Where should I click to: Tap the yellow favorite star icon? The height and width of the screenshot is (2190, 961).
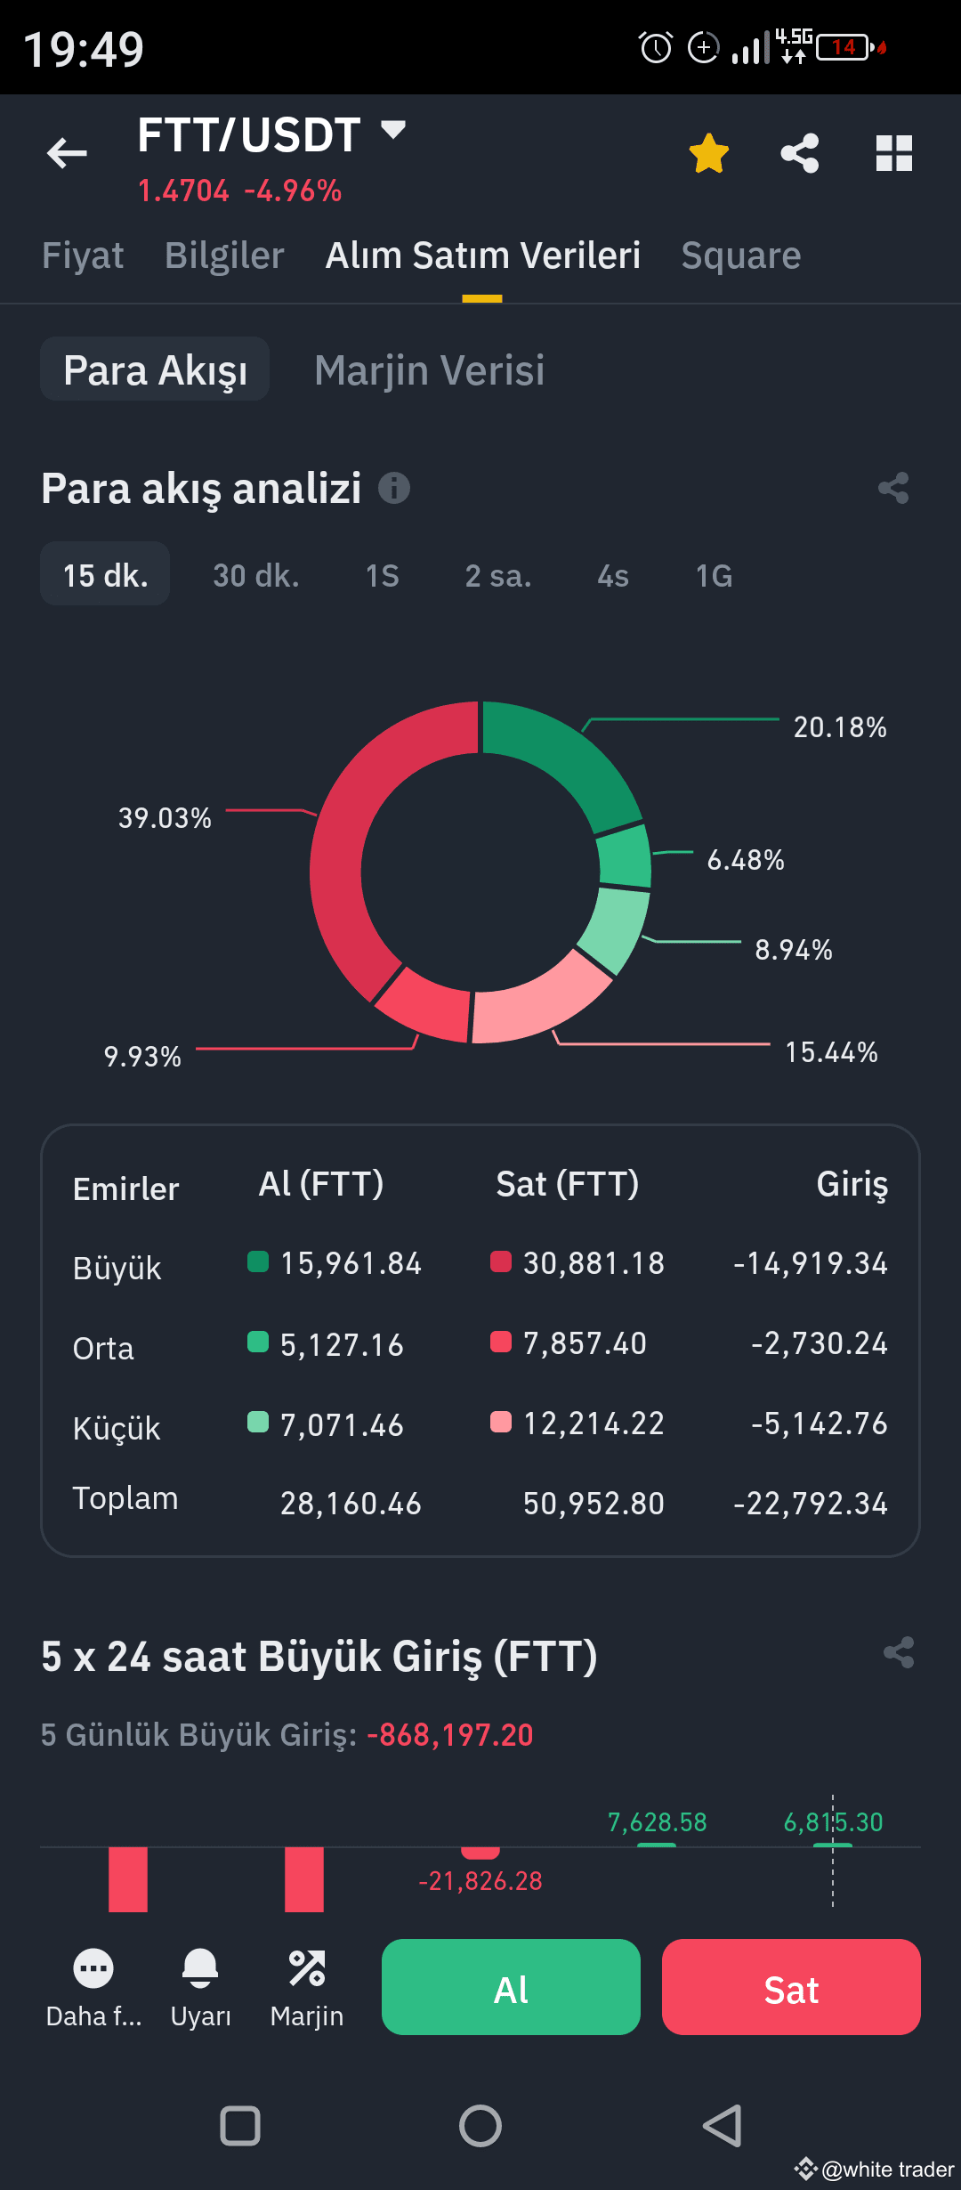[x=709, y=153]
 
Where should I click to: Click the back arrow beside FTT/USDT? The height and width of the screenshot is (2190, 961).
[x=67, y=153]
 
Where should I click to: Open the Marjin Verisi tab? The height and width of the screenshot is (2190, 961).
[x=429, y=370]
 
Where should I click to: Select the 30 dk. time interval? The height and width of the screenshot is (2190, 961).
[x=256, y=576]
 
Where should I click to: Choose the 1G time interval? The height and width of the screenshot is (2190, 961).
[x=714, y=576]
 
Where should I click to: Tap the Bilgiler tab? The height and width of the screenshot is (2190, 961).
[x=224, y=255]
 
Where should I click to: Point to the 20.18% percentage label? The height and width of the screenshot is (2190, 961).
[x=839, y=727]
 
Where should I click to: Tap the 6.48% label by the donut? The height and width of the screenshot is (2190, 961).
[x=745, y=860]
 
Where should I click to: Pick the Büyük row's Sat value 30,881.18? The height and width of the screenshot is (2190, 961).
[x=593, y=1263]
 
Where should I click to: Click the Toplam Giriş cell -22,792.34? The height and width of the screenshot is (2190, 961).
[x=810, y=1504]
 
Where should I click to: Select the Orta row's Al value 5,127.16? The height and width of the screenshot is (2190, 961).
[x=342, y=1344]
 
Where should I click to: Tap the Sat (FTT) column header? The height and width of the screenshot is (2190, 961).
[x=567, y=1184]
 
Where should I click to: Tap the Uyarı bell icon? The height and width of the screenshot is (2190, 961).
[x=200, y=1967]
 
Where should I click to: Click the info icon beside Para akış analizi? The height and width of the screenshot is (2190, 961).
[x=394, y=488]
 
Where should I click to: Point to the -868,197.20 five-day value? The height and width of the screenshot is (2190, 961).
[x=456, y=1735]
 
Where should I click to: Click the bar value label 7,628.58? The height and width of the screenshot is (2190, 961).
[x=657, y=1822]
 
